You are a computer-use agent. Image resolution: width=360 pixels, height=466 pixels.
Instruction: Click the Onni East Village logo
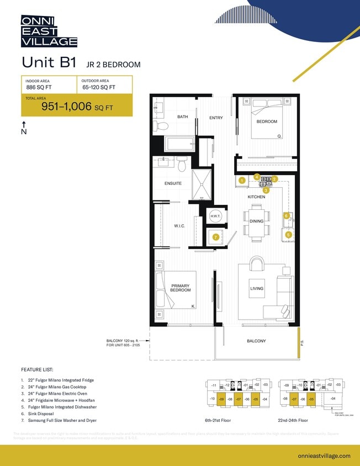[x=49, y=31]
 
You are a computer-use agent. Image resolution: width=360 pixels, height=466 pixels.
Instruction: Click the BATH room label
[x=183, y=117]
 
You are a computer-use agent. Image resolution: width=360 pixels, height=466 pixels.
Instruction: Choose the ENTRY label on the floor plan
[x=216, y=118]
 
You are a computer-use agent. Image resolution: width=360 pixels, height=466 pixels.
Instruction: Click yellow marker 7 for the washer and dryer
[x=216, y=237]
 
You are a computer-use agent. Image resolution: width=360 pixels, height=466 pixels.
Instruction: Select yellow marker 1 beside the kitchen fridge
[x=241, y=180]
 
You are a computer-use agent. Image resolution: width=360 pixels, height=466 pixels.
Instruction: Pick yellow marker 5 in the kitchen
[x=288, y=235]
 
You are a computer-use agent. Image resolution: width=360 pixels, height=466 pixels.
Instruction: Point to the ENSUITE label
[x=173, y=183]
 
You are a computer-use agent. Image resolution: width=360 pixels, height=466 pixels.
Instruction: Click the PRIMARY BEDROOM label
[x=180, y=288]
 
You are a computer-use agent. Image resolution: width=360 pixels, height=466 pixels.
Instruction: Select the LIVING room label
[x=257, y=288]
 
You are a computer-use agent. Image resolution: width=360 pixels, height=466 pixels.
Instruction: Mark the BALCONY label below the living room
[x=256, y=341]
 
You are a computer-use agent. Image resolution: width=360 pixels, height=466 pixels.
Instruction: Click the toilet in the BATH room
[x=163, y=126]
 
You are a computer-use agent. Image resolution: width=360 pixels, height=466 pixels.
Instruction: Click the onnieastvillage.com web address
[x=324, y=456]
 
